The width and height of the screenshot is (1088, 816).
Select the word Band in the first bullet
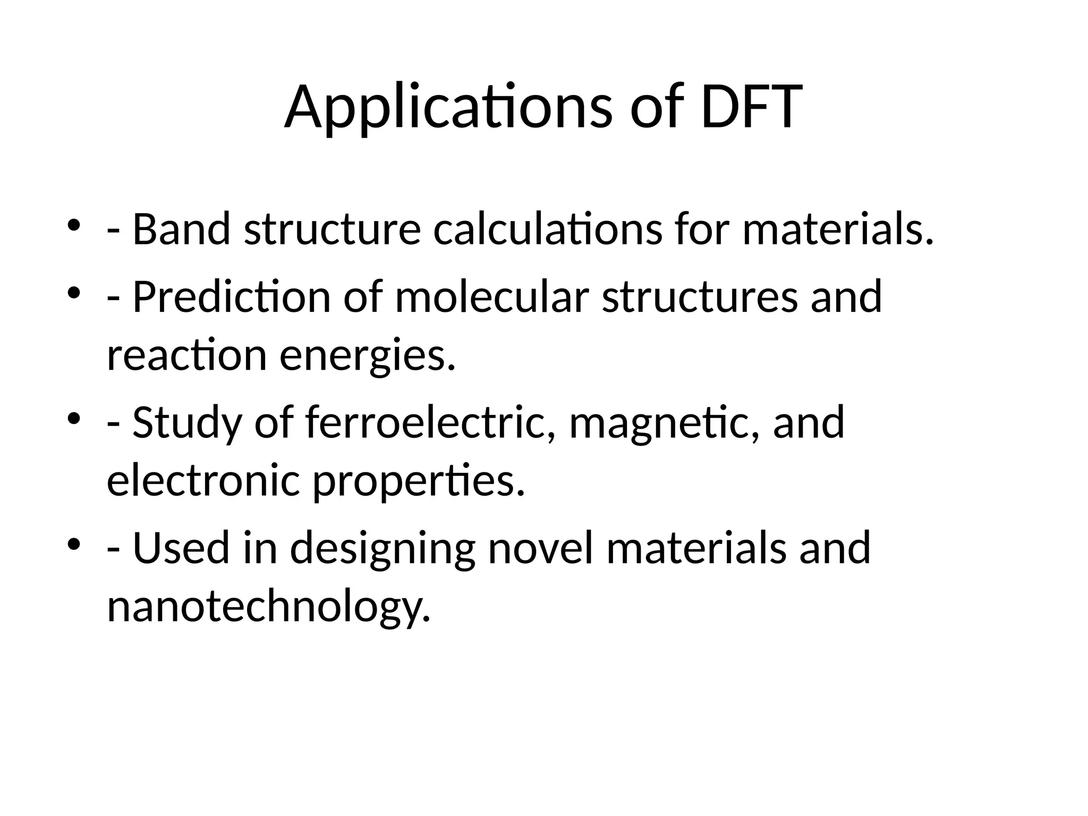pyautogui.click(x=181, y=229)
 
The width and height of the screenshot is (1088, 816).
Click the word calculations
pyautogui.click(x=548, y=229)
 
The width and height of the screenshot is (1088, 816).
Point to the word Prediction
pyautogui.click(x=232, y=297)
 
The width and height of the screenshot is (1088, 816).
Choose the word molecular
pyautogui.click(x=492, y=297)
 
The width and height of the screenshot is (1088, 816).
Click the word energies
pyautogui.click(x=368, y=355)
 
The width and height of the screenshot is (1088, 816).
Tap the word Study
pyautogui.click(x=186, y=422)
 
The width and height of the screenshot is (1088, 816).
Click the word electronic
pyautogui.click(x=203, y=481)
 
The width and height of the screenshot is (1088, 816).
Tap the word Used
pyautogui.click(x=181, y=548)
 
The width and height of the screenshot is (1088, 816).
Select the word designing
pyautogui.click(x=382, y=548)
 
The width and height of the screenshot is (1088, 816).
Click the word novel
pyautogui.click(x=540, y=548)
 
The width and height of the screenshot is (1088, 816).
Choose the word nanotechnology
pyautogui.click(x=268, y=607)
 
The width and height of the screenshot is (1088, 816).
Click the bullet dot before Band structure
pyautogui.click(x=74, y=225)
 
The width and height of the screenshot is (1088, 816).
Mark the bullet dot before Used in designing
pyautogui.click(x=74, y=544)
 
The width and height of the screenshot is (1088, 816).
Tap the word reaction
pyautogui.click(x=186, y=355)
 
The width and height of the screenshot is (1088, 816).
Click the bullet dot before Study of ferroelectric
pyautogui.click(x=74, y=418)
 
